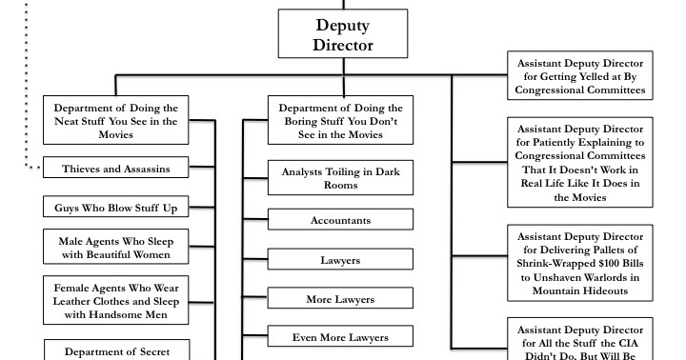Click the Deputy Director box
335,35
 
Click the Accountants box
340,219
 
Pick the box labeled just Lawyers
340,259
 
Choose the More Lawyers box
340,299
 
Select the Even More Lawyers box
340,336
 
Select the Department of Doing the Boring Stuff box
340,121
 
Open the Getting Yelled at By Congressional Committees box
580,76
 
